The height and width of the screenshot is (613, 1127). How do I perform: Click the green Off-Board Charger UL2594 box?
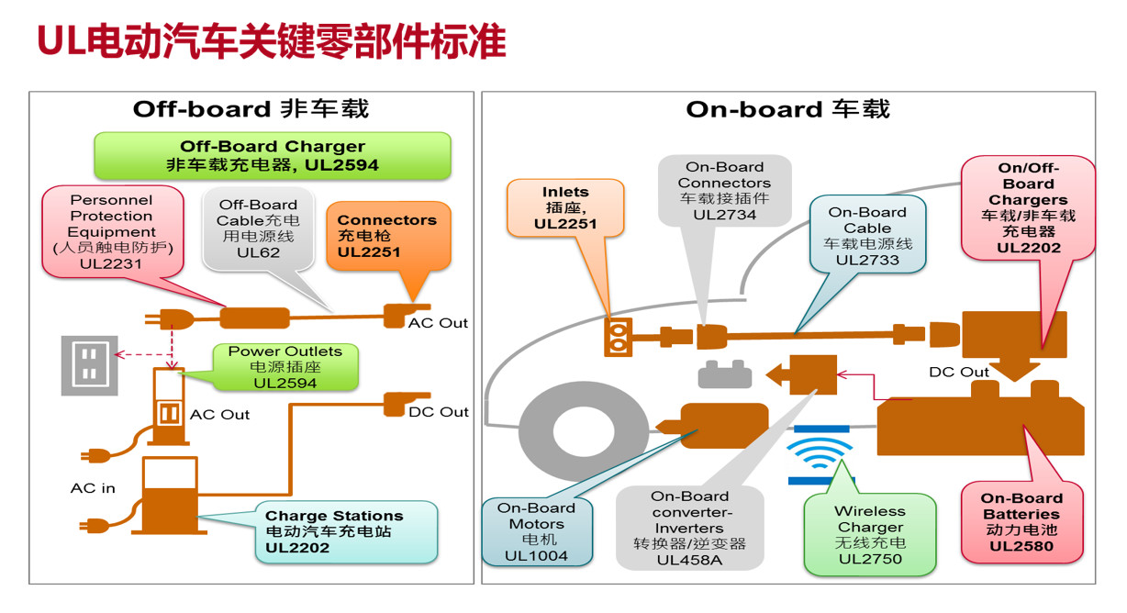tap(272, 156)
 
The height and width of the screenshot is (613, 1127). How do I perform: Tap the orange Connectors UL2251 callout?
tap(387, 236)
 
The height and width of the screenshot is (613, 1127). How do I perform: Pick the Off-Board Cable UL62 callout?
tap(257, 228)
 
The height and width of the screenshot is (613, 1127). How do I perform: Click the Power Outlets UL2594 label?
tap(285, 366)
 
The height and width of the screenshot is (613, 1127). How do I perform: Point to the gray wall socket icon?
tap(89, 365)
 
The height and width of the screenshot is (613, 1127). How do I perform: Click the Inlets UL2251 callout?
tap(565, 208)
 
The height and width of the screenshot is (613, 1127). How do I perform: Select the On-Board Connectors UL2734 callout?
tap(725, 191)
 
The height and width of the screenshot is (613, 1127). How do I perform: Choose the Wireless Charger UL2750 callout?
tap(869, 535)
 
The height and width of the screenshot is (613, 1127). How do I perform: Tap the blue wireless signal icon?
tap(820, 456)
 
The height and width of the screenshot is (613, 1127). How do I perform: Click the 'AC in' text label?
tap(93, 488)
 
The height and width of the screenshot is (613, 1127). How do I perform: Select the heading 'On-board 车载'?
tap(787, 109)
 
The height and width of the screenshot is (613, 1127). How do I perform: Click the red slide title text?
tap(271, 41)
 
